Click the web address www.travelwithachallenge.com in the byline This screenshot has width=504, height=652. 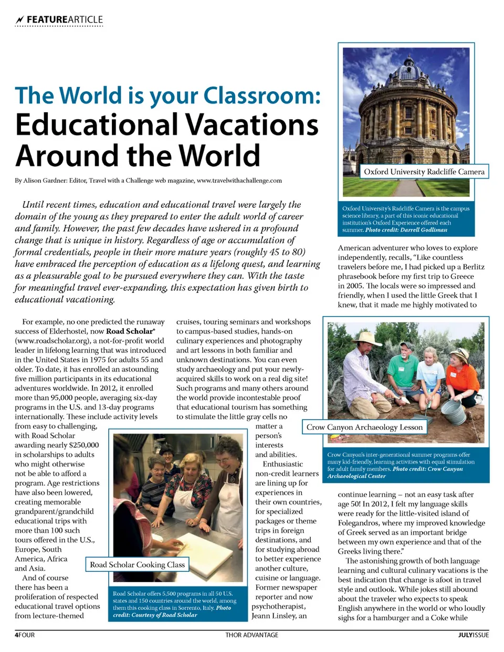point(239,181)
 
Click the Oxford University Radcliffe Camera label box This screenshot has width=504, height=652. point(424,172)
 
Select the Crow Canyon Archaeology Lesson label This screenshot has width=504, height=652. point(364,427)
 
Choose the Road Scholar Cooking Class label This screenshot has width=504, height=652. point(137,565)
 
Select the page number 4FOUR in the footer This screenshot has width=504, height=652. point(25,635)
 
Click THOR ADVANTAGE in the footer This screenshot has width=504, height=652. point(252,635)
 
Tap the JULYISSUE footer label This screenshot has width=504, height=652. point(473,635)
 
